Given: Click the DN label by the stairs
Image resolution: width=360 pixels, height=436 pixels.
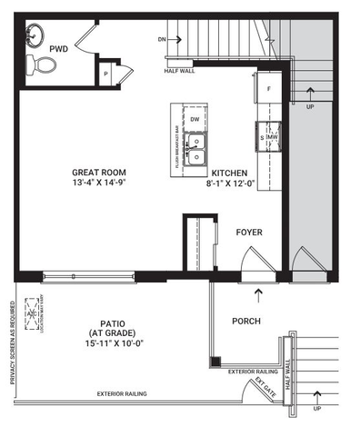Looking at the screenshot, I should click(x=162, y=40).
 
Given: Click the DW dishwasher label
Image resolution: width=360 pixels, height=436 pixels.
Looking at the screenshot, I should click(x=195, y=120).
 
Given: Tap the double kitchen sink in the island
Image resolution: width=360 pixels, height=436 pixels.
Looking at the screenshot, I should click(x=195, y=148).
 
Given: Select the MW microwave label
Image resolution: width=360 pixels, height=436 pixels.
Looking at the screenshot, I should click(x=271, y=137).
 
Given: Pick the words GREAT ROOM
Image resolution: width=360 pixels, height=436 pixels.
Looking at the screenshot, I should click(x=99, y=172).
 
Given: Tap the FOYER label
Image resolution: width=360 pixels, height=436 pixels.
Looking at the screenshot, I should click(x=249, y=233).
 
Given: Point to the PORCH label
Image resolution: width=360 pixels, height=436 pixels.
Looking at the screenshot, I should click(x=246, y=321).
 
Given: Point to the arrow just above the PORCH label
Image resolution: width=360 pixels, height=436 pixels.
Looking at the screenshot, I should click(x=260, y=294).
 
